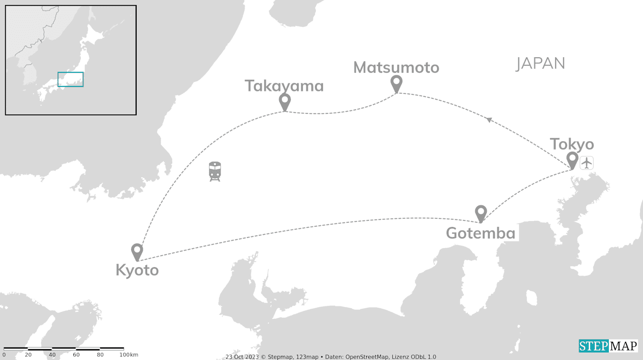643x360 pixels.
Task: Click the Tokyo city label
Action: click(x=572, y=145)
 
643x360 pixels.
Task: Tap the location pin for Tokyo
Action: click(x=572, y=160)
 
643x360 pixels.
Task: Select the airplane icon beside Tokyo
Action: click(x=587, y=163)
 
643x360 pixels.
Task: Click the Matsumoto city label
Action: click(x=396, y=67)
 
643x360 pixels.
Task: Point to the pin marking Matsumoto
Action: click(x=396, y=83)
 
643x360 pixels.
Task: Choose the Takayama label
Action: click(x=284, y=86)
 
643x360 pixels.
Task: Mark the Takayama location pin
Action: click(x=285, y=101)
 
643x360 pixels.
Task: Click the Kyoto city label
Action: click(x=137, y=270)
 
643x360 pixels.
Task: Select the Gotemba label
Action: click(x=481, y=233)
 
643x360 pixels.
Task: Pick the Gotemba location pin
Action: click(x=481, y=213)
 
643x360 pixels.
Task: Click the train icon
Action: click(x=215, y=171)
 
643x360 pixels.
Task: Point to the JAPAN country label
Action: click(x=541, y=63)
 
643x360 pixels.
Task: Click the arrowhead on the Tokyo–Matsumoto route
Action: click(x=488, y=119)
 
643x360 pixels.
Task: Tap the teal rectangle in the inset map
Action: click(x=70, y=79)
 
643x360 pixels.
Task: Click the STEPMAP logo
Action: click(x=608, y=346)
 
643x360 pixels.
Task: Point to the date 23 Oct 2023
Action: click(x=240, y=357)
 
